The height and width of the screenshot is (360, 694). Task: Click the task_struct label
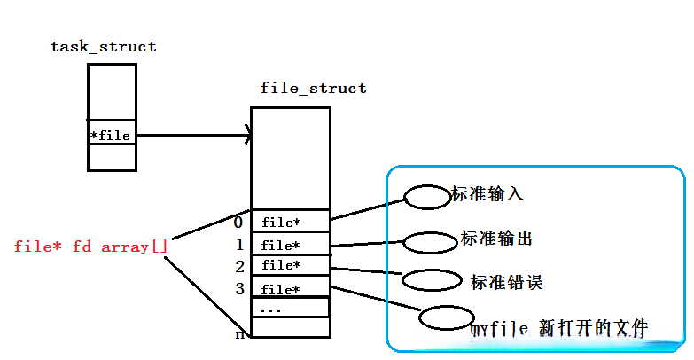click(x=103, y=47)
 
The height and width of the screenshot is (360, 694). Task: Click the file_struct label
click(x=313, y=89)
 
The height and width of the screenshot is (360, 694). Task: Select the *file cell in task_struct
click(x=112, y=136)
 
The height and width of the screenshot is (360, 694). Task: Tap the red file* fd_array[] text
click(x=90, y=246)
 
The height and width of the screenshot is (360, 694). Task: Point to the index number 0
click(x=238, y=222)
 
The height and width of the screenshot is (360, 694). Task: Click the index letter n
click(x=238, y=334)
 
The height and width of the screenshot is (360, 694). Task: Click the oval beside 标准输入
click(x=428, y=198)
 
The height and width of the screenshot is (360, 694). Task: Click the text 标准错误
click(x=506, y=282)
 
